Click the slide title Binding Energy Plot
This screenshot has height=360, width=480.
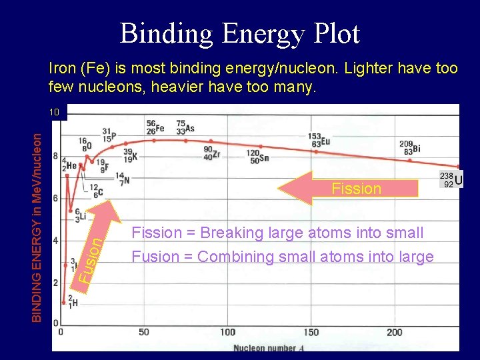click(x=240, y=33)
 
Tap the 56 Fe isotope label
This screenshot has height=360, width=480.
click(x=155, y=127)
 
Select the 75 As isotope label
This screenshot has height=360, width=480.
click(x=185, y=127)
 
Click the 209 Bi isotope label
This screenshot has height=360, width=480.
click(x=409, y=147)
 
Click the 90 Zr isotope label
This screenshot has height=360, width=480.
click(x=211, y=153)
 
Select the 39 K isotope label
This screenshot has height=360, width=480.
click(x=130, y=155)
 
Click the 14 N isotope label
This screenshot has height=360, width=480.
click(x=121, y=178)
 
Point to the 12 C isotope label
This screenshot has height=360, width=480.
click(x=97, y=191)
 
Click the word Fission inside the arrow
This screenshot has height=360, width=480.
click(x=356, y=189)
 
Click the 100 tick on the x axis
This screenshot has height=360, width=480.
click(x=227, y=332)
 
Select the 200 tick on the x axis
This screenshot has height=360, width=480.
click(x=394, y=332)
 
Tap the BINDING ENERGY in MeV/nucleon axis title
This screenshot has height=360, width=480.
click(x=40, y=225)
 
